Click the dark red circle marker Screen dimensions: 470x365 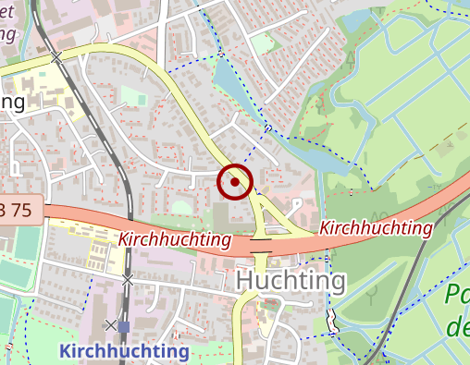[235, 181]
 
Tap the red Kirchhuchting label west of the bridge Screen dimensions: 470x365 [174, 239]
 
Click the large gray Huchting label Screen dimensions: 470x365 [291, 281]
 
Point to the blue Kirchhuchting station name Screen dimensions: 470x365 [124, 351]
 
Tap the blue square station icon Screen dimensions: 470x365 [124, 326]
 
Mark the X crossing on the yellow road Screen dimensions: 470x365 [56, 57]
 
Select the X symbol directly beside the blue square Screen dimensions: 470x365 [111, 325]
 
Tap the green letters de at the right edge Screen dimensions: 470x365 [457, 327]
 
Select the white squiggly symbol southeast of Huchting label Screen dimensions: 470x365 [330, 321]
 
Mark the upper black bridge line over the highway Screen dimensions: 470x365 [261, 237]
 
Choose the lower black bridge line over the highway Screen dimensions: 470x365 [261, 252]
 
